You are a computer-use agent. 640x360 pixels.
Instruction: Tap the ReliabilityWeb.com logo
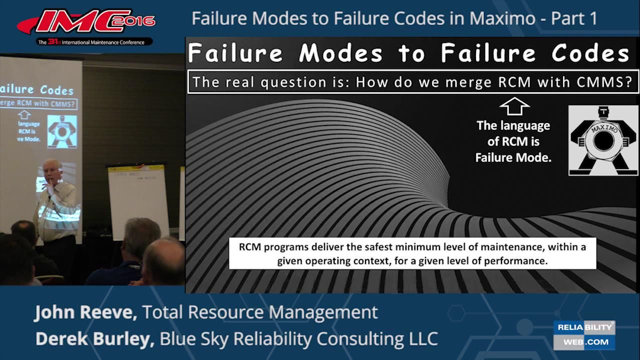tap(584, 335)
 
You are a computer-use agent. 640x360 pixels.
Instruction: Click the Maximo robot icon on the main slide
tap(603, 140)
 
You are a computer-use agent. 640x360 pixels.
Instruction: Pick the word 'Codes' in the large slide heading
tap(590, 53)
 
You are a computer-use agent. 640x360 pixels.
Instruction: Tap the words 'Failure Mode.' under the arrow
tap(513, 157)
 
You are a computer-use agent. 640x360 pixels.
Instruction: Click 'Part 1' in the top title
tap(574, 19)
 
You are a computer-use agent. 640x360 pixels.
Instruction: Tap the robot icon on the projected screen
tap(62, 131)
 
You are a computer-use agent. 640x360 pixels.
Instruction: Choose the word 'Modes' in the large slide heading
tap(341, 53)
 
